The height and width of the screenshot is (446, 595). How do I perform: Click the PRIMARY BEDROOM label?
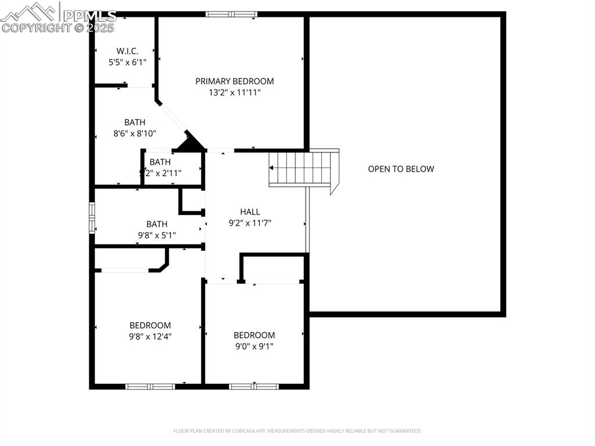pos(234,81)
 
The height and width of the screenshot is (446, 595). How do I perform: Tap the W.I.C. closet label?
pos(127,51)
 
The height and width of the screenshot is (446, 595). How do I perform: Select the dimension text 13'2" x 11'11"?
pos(234,92)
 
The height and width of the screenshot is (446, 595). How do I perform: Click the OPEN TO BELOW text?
pos(401,169)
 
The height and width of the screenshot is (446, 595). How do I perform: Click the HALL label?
pos(250,212)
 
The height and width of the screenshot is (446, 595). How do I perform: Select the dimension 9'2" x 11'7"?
pos(250,222)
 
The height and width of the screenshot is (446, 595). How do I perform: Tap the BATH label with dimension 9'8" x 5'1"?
pos(157,224)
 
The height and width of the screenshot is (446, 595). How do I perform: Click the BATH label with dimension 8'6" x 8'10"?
pos(135,122)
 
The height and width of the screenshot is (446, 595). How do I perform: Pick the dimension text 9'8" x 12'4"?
pos(150,336)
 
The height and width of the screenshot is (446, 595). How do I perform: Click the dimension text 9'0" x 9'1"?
pos(254,346)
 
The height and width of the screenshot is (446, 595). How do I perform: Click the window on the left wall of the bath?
pos(92,217)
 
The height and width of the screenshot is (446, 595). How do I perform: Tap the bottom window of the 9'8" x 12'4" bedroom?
pos(150,386)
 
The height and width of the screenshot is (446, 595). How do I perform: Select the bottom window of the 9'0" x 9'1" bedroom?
pos(254,386)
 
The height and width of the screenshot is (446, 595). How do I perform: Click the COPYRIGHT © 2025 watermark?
pos(58,27)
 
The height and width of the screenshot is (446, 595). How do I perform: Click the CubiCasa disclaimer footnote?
pos(297,431)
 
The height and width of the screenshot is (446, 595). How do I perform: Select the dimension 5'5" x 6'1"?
pos(127,61)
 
